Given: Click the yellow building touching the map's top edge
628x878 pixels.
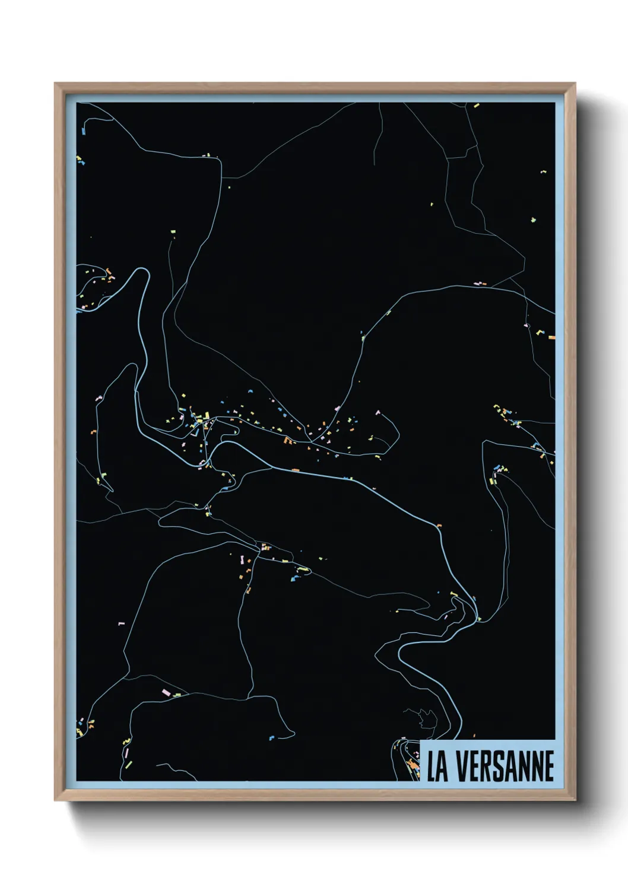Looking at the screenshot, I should pyautogui.click(x=476, y=106).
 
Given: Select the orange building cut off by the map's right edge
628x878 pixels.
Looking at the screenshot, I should pyautogui.click(x=551, y=338).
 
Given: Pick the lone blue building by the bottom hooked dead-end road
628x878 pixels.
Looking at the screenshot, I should pyautogui.click(x=272, y=737).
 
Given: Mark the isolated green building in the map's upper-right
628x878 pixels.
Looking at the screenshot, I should pyautogui.click(x=533, y=220).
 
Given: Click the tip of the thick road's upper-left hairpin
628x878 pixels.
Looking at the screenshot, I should pyautogui.click(x=142, y=270).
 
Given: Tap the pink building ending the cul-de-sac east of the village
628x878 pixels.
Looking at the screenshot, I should pyautogui.click(x=377, y=412).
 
